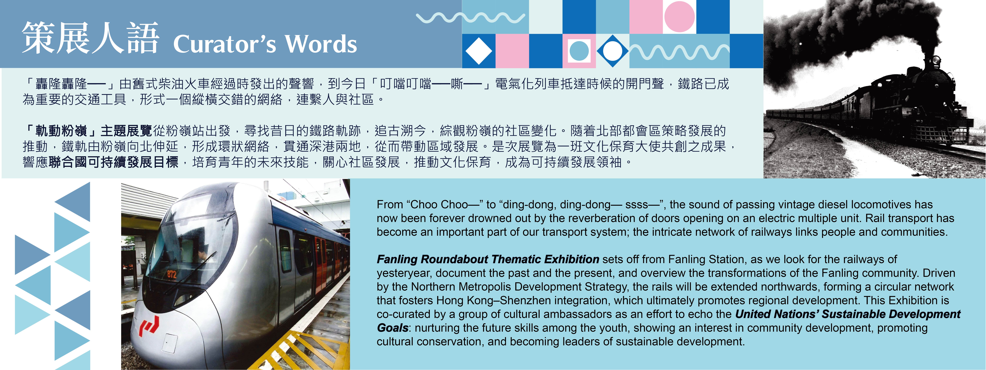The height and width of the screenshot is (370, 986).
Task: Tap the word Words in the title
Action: tap(321, 44)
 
